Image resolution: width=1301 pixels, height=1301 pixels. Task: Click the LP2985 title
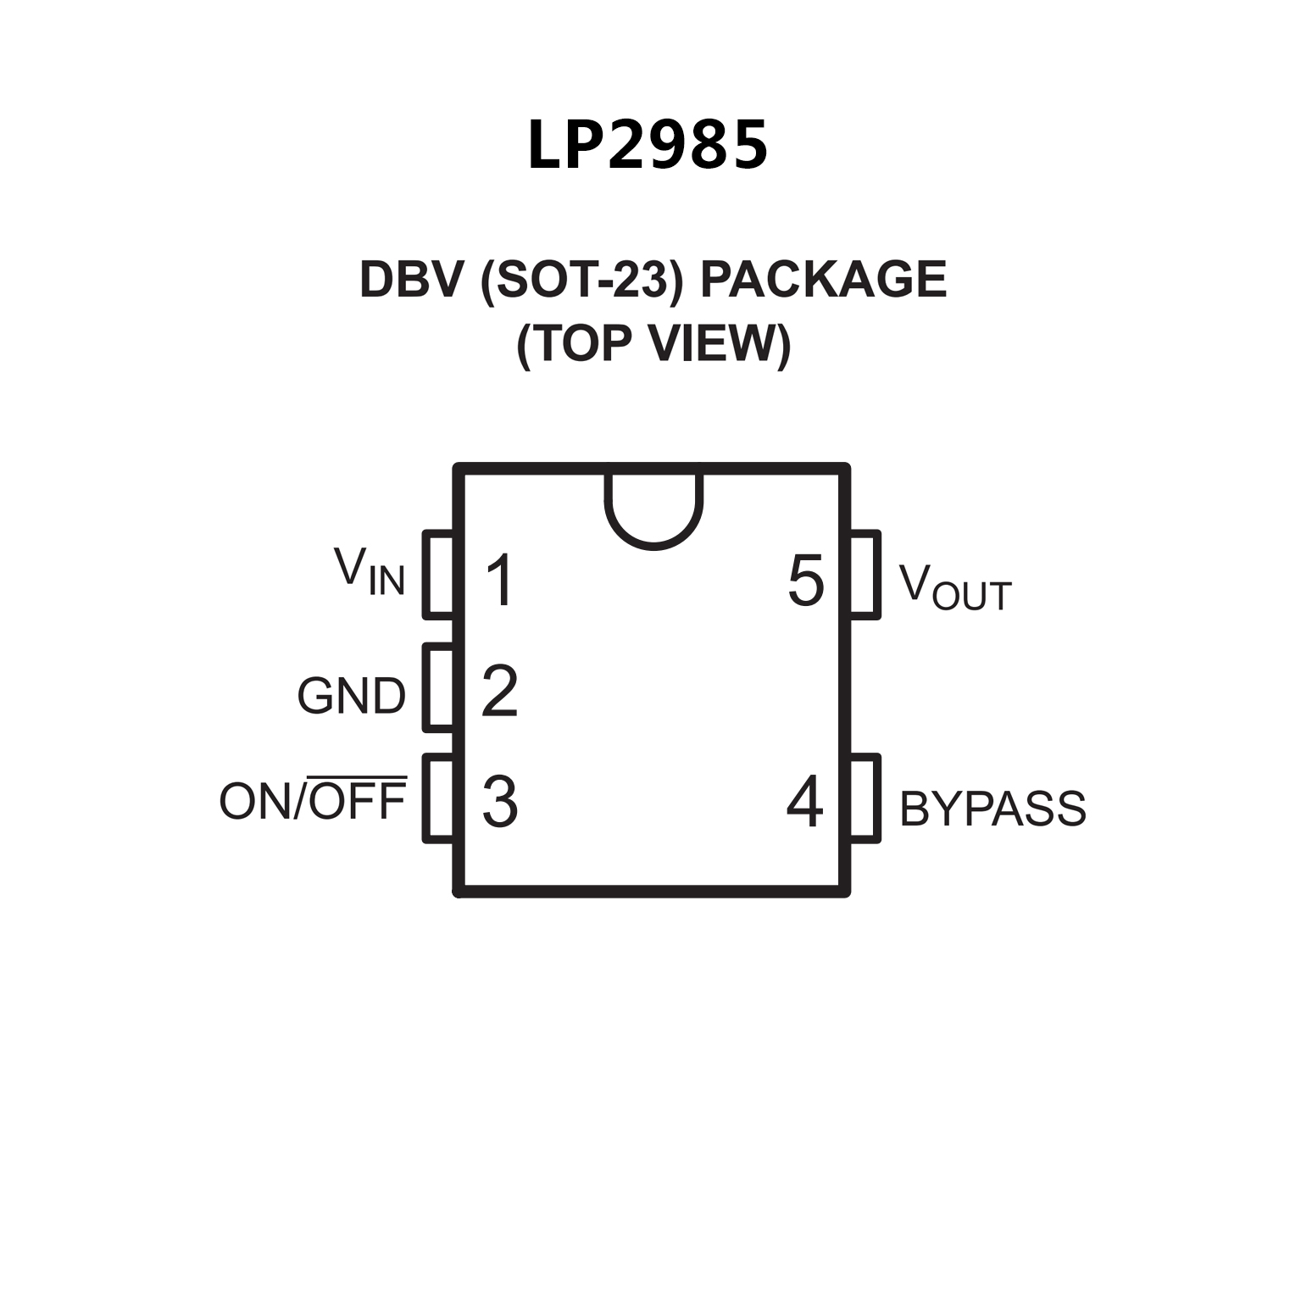click(648, 145)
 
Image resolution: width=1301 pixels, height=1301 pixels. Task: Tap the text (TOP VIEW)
click(653, 343)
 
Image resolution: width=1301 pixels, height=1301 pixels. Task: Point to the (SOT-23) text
click(581, 279)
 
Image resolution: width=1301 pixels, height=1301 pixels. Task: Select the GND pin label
click(351, 696)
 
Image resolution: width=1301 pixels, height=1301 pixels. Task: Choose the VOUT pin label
click(954, 586)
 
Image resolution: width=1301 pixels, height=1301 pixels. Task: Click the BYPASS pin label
click(992, 808)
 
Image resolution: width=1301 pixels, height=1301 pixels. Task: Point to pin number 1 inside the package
click(500, 581)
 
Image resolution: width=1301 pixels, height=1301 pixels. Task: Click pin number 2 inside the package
click(500, 692)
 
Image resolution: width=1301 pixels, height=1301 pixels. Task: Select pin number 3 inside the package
click(500, 801)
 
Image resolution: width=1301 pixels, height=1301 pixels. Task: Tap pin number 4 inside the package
click(804, 801)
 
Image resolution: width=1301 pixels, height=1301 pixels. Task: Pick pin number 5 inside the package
click(805, 581)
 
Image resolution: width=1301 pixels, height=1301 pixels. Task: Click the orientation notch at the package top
click(653, 509)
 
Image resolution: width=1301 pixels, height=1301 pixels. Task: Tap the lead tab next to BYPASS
click(865, 798)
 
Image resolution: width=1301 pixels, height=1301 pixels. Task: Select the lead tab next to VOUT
click(865, 574)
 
